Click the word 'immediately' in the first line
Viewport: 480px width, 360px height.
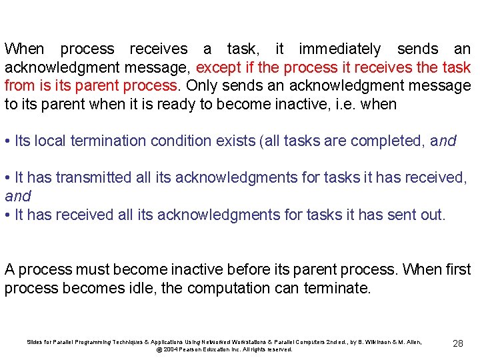click(339, 49)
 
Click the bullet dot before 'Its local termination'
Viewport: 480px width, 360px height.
click(7, 141)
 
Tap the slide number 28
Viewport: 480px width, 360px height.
click(458, 343)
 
